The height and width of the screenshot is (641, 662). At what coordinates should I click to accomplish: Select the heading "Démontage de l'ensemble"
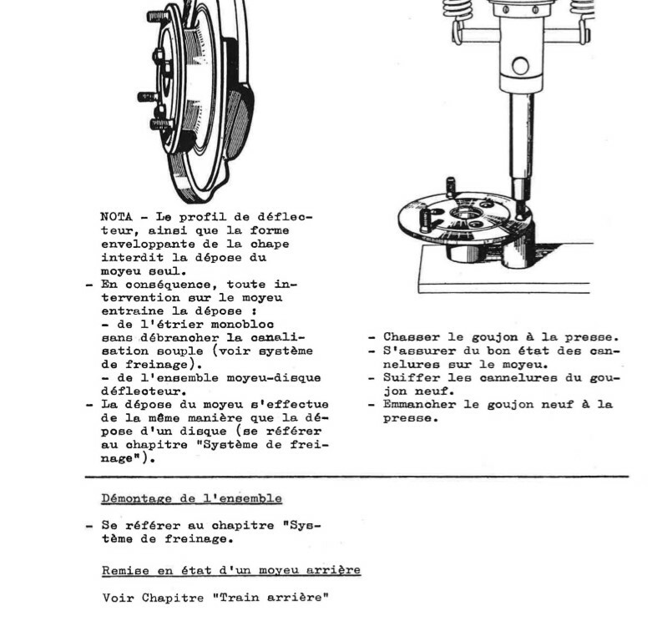pyautogui.click(x=191, y=498)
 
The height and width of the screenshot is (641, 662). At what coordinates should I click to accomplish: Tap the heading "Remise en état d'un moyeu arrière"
pyautogui.click(x=231, y=570)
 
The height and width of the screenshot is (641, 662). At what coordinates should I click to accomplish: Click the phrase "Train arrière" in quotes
pyautogui.click(x=284, y=598)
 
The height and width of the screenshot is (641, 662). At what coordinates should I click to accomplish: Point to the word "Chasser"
pyautogui.click(x=410, y=338)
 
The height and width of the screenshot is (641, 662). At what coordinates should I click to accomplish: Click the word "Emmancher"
pyautogui.click(x=417, y=404)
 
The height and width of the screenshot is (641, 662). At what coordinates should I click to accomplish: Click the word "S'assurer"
pyautogui.click(x=417, y=351)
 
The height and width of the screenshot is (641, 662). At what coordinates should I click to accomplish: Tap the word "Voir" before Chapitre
pyautogui.click(x=117, y=598)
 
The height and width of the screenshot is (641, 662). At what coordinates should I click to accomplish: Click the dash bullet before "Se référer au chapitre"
pyautogui.click(x=88, y=526)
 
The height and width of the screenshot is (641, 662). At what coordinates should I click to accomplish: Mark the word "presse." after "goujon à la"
pyautogui.click(x=594, y=338)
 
